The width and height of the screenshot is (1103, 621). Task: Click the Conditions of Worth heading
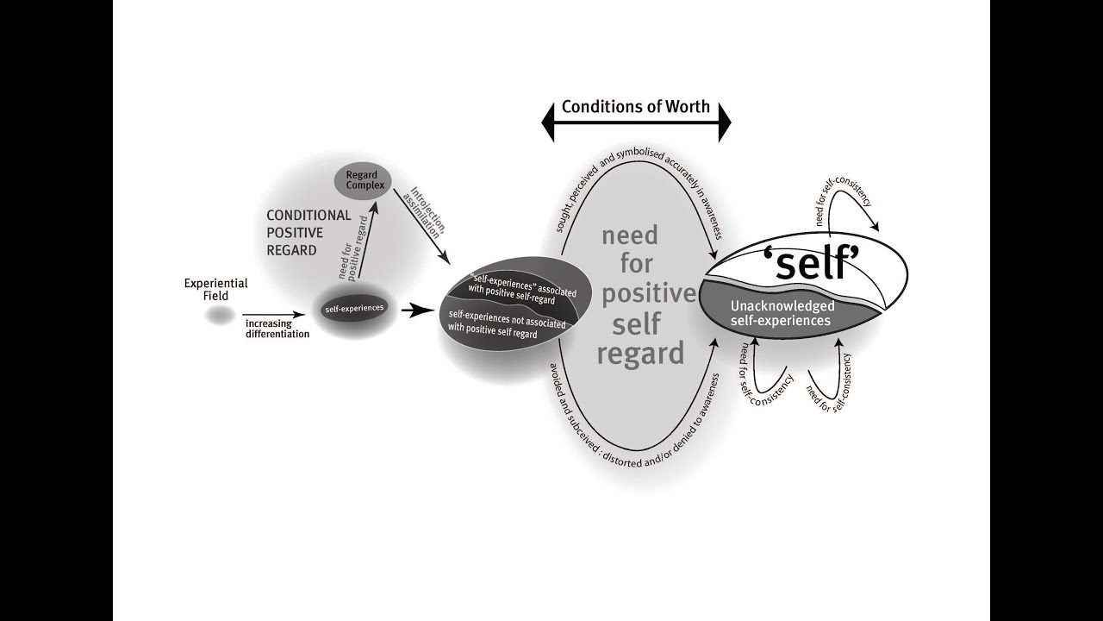pyautogui.click(x=636, y=107)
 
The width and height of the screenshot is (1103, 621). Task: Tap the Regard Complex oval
pyautogui.click(x=362, y=180)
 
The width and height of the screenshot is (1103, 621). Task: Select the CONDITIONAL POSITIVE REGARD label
pyautogui.click(x=308, y=232)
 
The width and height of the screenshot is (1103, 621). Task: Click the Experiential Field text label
pyautogui.click(x=215, y=289)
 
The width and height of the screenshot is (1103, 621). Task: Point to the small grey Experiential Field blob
pyautogui.click(x=220, y=317)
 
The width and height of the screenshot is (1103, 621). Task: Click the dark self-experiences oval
pyautogui.click(x=354, y=308)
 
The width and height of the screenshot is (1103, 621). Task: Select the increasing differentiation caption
pyautogui.click(x=277, y=329)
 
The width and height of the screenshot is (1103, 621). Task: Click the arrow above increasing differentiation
pyautogui.click(x=273, y=316)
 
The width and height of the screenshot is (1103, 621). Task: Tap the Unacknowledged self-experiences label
pyautogui.click(x=782, y=313)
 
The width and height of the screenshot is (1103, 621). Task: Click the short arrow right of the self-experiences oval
pyautogui.click(x=418, y=310)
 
